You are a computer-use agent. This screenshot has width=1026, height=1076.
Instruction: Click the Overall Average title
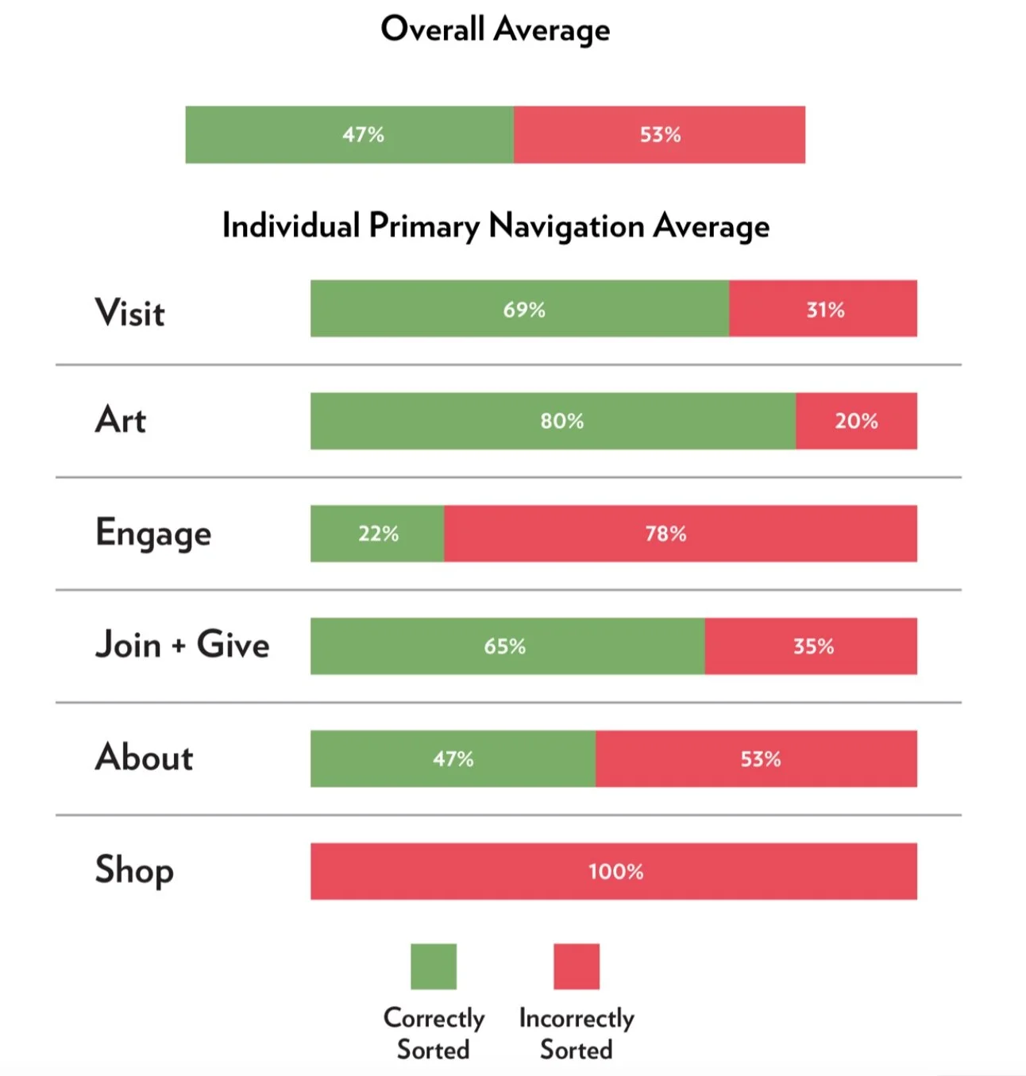click(x=495, y=29)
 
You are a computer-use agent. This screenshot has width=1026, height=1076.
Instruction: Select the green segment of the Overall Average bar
click(x=349, y=135)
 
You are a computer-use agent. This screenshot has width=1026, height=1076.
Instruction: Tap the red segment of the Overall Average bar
click(x=659, y=135)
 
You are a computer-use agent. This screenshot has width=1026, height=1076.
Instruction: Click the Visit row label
click(x=129, y=313)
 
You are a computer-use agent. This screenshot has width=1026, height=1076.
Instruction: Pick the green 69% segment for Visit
click(x=519, y=309)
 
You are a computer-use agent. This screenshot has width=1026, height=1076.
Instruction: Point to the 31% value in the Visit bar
click(x=825, y=310)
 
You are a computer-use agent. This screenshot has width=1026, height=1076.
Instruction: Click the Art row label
click(x=121, y=420)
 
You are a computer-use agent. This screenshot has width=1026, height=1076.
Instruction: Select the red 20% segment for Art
click(x=856, y=421)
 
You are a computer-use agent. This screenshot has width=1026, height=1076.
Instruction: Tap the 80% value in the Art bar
click(x=561, y=421)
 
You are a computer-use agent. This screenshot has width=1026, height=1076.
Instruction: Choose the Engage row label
click(x=153, y=534)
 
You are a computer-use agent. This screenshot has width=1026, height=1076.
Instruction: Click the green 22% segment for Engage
click(x=377, y=534)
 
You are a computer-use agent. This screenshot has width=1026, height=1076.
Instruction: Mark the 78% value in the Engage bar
click(x=665, y=534)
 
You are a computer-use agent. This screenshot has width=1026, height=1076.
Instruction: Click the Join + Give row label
click(x=183, y=644)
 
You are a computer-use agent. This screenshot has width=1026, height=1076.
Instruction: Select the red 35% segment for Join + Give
click(x=811, y=646)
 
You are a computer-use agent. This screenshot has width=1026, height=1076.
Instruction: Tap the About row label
click(x=144, y=757)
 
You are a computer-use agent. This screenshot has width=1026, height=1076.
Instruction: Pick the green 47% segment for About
click(x=453, y=759)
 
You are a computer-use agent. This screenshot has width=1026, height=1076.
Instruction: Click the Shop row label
click(x=134, y=870)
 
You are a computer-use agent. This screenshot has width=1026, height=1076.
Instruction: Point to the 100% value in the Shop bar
click(x=616, y=872)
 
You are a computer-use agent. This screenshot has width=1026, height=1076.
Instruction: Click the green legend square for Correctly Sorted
click(x=434, y=966)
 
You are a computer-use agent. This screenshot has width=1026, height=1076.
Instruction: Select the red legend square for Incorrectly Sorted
click(x=577, y=966)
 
